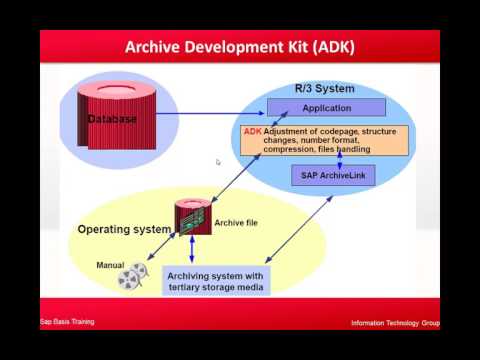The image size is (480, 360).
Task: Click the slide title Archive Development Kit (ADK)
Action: coord(240,47)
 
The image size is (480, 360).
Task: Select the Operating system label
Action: coord(124,229)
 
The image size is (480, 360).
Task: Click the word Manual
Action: coord(110,265)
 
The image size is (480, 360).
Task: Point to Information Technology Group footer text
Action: coord(394,323)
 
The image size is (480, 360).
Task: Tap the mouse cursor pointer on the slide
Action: coord(218,162)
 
